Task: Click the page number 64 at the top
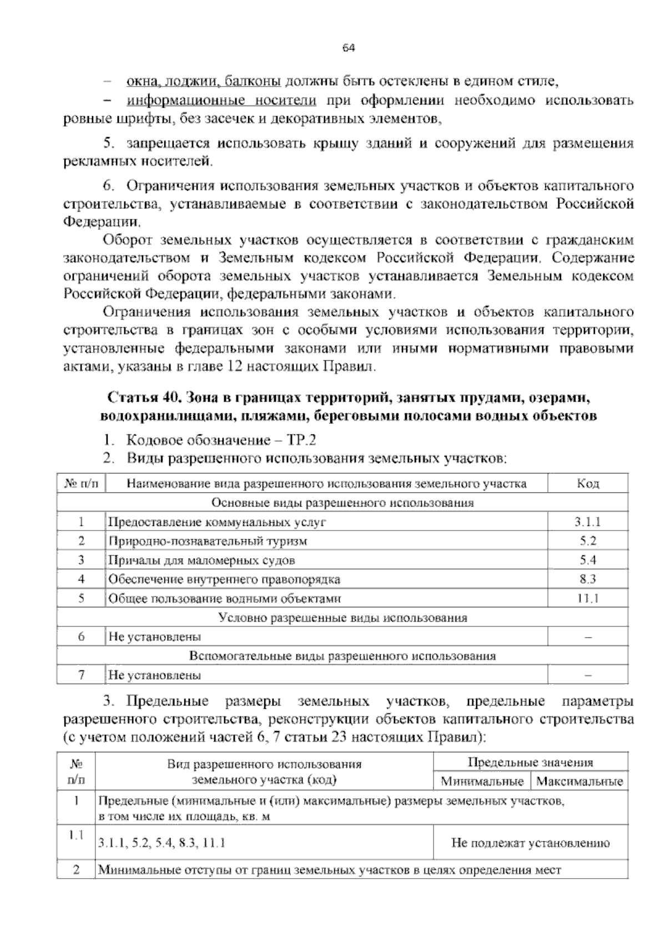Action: (x=349, y=48)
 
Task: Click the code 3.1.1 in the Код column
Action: (x=588, y=522)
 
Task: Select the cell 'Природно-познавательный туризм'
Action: (x=208, y=541)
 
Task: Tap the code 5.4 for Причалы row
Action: (x=588, y=560)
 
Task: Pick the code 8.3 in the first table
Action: (x=588, y=579)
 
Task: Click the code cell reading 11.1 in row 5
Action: (x=588, y=599)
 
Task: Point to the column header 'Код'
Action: (x=588, y=484)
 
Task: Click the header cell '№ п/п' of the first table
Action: (x=82, y=484)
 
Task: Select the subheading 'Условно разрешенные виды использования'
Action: (x=342, y=618)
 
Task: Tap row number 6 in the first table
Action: (x=82, y=637)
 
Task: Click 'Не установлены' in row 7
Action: (x=155, y=676)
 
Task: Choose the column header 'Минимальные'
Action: (x=482, y=781)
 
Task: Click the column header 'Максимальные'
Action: (x=580, y=781)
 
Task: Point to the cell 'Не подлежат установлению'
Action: (x=531, y=843)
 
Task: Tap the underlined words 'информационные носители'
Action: (x=222, y=101)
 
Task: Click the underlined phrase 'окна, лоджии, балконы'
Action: (x=203, y=82)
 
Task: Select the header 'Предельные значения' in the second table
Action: (x=531, y=763)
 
